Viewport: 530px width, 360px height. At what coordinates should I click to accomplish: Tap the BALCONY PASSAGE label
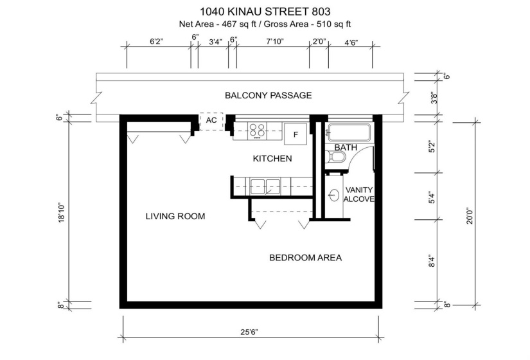pyautogui.click(x=268, y=96)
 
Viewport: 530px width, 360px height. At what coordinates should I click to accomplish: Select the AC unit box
pyautogui.click(x=211, y=120)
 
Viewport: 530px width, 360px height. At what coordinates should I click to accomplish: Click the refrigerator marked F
pyautogui.click(x=296, y=134)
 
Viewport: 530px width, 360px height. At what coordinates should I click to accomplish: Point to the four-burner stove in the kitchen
pyautogui.click(x=258, y=130)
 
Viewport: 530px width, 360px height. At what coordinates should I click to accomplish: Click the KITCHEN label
pyautogui.click(x=272, y=158)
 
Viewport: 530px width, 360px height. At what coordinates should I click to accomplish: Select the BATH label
pyautogui.click(x=346, y=148)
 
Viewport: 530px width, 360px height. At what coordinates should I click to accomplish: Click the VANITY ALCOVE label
pyautogui.click(x=359, y=195)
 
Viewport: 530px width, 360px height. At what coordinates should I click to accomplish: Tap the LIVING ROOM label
pyautogui.click(x=175, y=217)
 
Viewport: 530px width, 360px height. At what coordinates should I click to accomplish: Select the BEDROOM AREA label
pyautogui.click(x=305, y=258)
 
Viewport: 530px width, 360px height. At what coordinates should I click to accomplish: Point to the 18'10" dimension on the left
pyautogui.click(x=62, y=213)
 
